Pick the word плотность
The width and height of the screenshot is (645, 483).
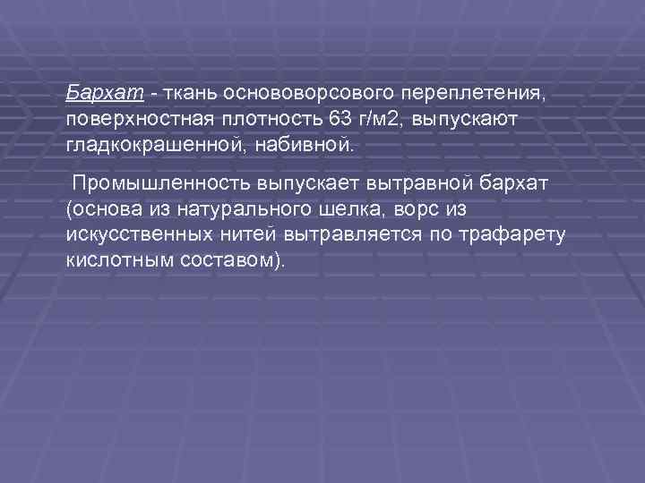pyautogui.click(x=256, y=118)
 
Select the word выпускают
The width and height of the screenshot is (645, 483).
pyautogui.click(x=466, y=118)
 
